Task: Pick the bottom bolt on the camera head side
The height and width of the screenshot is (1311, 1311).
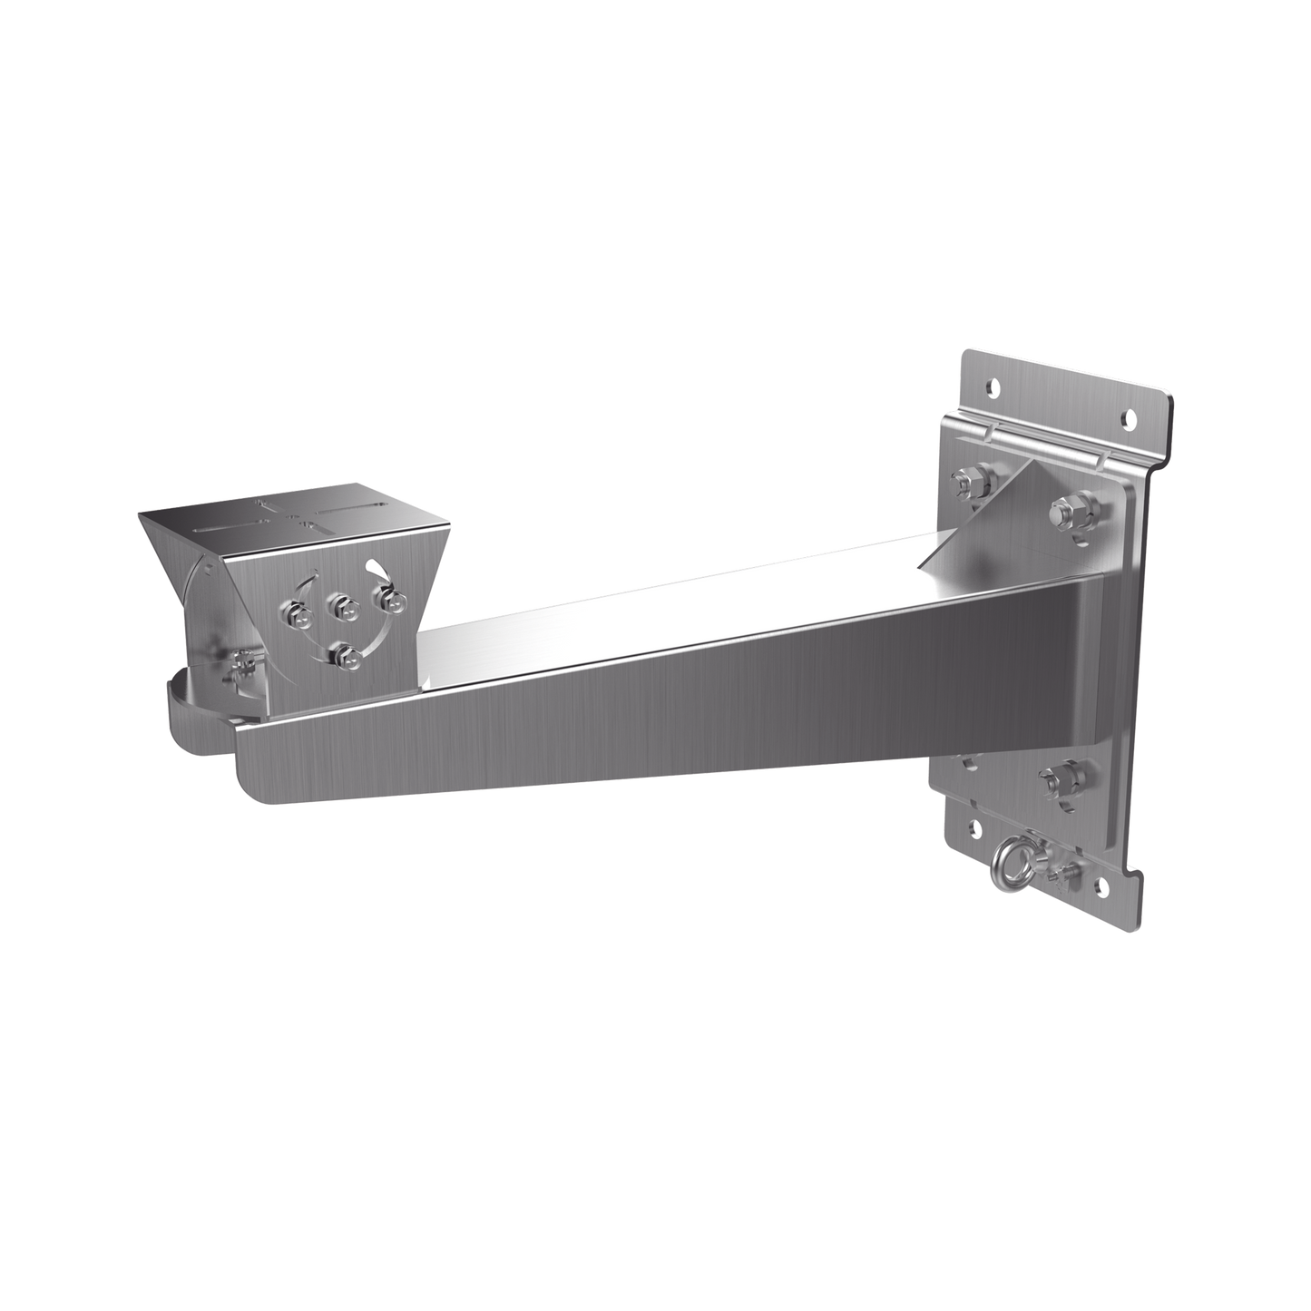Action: click(x=343, y=654)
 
